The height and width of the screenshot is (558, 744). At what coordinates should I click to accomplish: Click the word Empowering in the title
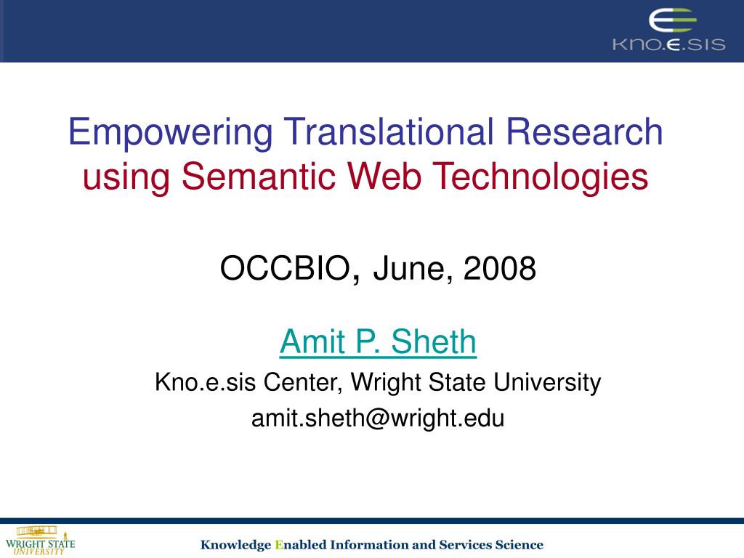tap(171, 134)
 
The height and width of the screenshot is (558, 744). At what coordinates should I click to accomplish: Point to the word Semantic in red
tap(258, 176)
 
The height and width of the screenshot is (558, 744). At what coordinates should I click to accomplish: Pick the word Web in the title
tap(384, 176)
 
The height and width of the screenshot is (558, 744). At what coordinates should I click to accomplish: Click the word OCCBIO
tap(285, 268)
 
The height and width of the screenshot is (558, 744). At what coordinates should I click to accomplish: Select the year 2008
tap(500, 268)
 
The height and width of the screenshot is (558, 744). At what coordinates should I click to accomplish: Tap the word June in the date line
tap(409, 269)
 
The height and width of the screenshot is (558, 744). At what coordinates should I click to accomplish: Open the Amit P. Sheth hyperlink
tap(378, 341)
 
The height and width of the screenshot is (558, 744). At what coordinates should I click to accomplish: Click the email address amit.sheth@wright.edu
tap(378, 418)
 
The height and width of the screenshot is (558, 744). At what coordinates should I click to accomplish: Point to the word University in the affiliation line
tap(547, 383)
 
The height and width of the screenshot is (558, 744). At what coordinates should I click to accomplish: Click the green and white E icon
tap(672, 21)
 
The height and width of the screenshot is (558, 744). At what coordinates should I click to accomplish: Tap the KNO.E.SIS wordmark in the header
tap(668, 44)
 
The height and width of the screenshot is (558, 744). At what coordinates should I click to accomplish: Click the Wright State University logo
tap(41, 541)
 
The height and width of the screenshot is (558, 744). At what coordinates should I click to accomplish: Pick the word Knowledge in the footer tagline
tap(235, 545)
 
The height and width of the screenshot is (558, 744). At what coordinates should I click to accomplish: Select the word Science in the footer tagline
tap(519, 544)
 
